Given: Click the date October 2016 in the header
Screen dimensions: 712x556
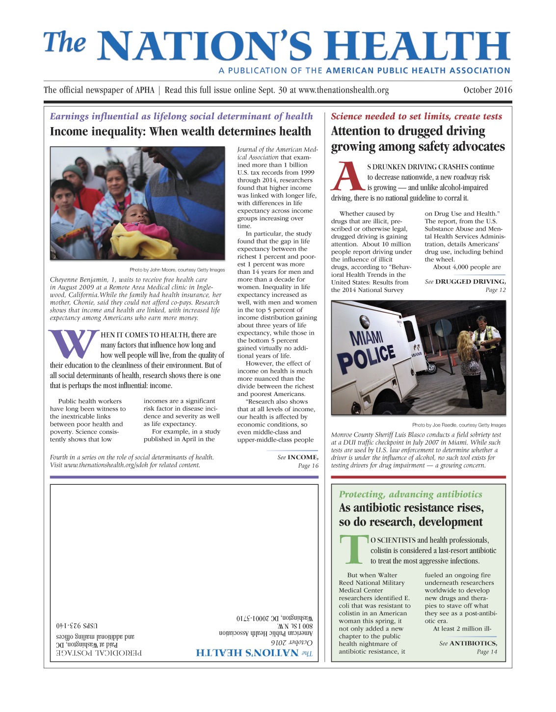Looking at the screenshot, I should pyautogui.click(x=487, y=90).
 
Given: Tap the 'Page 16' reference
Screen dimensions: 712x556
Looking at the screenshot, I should pyautogui.click(x=308, y=466).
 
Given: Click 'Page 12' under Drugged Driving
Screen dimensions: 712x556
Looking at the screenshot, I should pyautogui.click(x=495, y=290).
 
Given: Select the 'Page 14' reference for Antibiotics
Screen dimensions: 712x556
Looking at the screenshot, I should pyautogui.click(x=487, y=652).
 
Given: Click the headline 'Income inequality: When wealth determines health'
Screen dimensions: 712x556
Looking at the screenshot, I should pyautogui.click(x=181, y=132).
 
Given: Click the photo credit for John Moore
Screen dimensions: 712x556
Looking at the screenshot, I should pyautogui.click(x=177, y=269).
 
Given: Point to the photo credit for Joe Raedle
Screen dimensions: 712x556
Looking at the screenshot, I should pyautogui.click(x=459, y=425).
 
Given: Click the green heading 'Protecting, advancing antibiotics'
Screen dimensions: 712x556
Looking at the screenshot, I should pyautogui.click(x=410, y=494).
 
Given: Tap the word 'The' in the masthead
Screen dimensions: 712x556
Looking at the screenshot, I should pyautogui.click(x=64, y=43).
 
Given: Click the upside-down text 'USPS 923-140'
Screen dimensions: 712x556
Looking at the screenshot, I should pyautogui.click(x=77, y=626).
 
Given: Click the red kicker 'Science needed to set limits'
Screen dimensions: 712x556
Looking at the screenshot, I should pyautogui.click(x=416, y=116).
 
